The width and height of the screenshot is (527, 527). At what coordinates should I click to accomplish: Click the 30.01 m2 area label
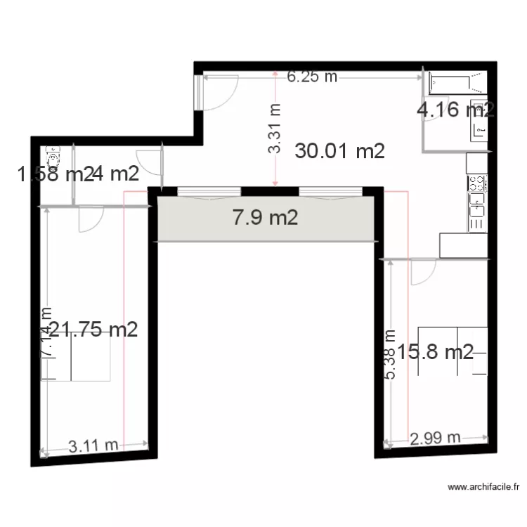340,150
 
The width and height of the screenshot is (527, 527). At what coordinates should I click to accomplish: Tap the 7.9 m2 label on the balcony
265,218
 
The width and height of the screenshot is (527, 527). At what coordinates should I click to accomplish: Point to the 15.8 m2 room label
436,351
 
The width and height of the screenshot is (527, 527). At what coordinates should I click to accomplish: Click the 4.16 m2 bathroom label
455,110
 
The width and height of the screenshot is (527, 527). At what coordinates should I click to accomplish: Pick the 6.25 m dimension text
312,77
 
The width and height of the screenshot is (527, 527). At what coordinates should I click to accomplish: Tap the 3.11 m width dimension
93,445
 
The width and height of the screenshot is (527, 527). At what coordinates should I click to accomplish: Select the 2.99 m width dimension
435,438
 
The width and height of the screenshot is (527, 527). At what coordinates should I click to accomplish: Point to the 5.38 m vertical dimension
391,355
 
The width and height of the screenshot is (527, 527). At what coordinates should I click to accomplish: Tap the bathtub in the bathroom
457,83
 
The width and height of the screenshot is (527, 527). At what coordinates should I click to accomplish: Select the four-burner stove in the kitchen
477,183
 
